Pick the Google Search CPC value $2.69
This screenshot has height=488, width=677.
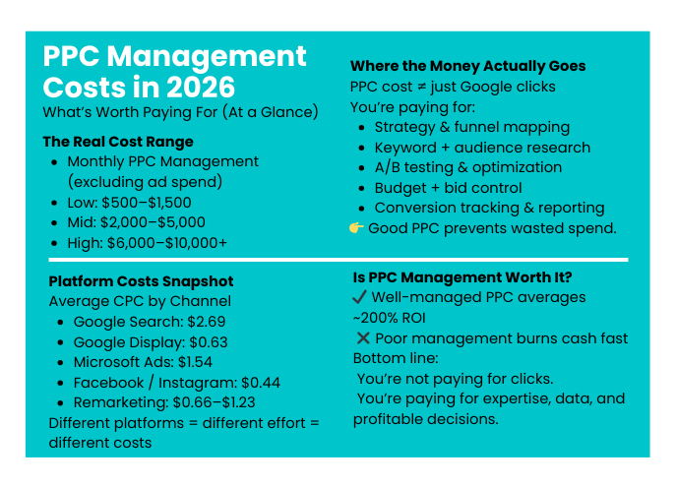coord(213,322)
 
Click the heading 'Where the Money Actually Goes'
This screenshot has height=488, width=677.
coord(467,66)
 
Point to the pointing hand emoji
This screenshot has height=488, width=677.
coord(357,228)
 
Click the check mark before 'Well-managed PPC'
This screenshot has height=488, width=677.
coord(360,297)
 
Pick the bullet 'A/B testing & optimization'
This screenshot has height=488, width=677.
coord(468,167)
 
